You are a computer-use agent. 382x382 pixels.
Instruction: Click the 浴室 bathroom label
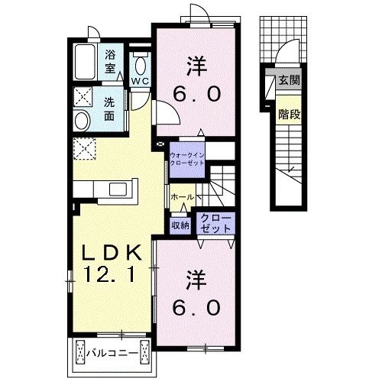pyautogui.click(x=111, y=62)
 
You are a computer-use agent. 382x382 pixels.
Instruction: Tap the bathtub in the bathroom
pyautogui.click(x=86, y=62)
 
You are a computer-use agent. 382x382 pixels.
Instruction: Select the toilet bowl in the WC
pyautogui.click(x=141, y=66)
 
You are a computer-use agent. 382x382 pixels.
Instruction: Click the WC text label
pyautogui.click(x=140, y=81)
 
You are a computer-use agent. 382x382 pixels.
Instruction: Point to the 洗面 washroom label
pyautogui.click(x=109, y=109)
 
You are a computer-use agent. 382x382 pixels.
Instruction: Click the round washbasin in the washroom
pyautogui.click(x=82, y=121)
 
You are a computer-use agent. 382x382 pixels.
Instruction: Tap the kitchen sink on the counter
pyautogui.click(x=118, y=189)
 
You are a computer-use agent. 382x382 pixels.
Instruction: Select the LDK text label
pyautogui.click(x=112, y=253)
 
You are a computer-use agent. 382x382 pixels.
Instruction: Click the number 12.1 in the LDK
pyautogui.click(x=109, y=274)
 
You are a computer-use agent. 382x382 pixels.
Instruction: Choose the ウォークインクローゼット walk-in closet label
pyautogui.click(x=187, y=159)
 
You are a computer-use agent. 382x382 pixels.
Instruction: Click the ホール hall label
pyautogui.click(x=183, y=197)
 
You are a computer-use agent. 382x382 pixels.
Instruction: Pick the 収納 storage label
pyautogui.click(x=180, y=225)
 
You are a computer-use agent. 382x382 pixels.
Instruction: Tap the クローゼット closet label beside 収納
pyautogui.click(x=215, y=224)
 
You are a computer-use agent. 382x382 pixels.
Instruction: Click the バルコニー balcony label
pyautogui.click(x=112, y=353)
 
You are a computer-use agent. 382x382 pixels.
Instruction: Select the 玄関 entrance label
pyautogui.click(x=289, y=80)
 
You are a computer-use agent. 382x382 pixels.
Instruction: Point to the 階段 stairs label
pyautogui.click(x=289, y=115)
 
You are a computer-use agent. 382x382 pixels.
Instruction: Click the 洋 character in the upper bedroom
pyautogui.click(x=196, y=66)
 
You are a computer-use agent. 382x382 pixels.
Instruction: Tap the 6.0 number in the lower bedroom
pyautogui.click(x=196, y=307)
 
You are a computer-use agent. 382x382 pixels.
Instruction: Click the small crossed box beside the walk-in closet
pyautogui.click(x=160, y=144)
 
